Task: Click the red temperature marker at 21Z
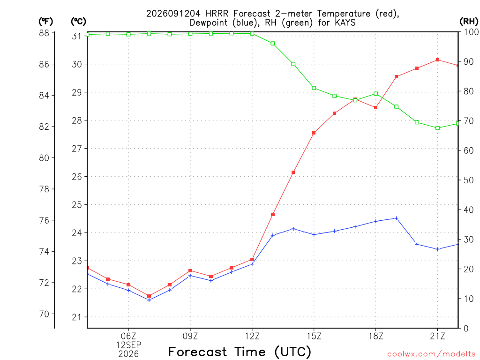click(x=437, y=60)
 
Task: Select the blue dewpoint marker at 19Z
click(x=397, y=218)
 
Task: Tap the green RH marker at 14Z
click(x=293, y=64)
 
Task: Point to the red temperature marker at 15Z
click(x=314, y=133)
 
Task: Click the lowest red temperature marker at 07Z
click(x=149, y=296)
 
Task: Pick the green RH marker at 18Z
click(x=375, y=94)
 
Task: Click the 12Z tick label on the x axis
click(x=252, y=336)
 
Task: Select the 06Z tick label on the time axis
click(x=128, y=336)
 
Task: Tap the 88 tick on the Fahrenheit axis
click(x=44, y=33)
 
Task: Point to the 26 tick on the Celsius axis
click(x=77, y=177)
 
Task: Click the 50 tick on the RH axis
click(x=468, y=180)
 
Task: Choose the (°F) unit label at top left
click(x=45, y=22)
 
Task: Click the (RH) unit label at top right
click(x=469, y=21)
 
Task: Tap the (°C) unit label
click(x=78, y=22)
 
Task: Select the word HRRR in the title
click(x=217, y=14)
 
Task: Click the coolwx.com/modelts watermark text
click(x=431, y=354)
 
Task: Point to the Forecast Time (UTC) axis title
click(x=240, y=352)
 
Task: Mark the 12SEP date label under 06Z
click(x=128, y=345)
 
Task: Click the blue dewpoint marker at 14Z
click(x=293, y=229)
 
